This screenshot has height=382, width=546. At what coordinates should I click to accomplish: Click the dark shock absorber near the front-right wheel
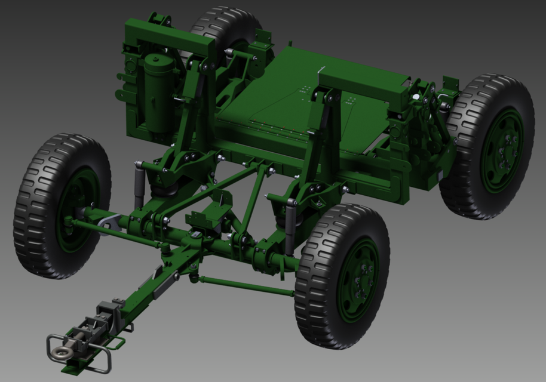[x=290, y=227]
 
